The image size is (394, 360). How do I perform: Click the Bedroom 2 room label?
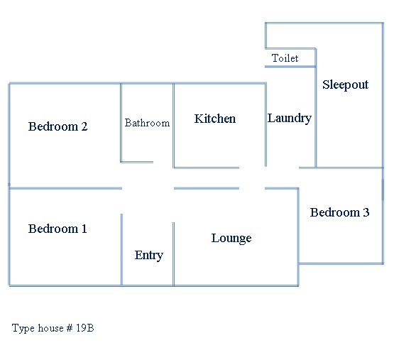(58, 126)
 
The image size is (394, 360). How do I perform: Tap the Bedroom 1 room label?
(58, 229)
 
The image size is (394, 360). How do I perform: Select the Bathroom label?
(147, 123)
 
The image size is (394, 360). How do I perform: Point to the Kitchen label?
(215, 119)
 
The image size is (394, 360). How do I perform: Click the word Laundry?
(290, 118)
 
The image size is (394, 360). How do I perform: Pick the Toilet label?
(285, 58)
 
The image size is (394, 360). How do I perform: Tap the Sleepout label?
(346, 85)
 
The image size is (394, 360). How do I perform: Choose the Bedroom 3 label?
(340, 212)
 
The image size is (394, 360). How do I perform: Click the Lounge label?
(231, 239)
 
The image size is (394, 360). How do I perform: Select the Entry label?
(149, 256)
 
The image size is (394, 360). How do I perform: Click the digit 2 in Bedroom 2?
(84, 126)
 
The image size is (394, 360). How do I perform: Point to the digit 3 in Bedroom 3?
(366, 212)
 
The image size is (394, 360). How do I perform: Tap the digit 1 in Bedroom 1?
(84, 229)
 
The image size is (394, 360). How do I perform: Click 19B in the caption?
(85, 328)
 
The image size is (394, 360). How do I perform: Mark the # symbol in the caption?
(70, 328)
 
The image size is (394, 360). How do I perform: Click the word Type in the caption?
(23, 329)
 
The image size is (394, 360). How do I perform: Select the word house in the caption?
(51, 328)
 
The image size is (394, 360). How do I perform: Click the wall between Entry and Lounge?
(173, 254)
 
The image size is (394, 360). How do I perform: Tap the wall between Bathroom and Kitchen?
(173, 125)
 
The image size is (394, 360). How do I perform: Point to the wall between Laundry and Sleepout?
(316, 108)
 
